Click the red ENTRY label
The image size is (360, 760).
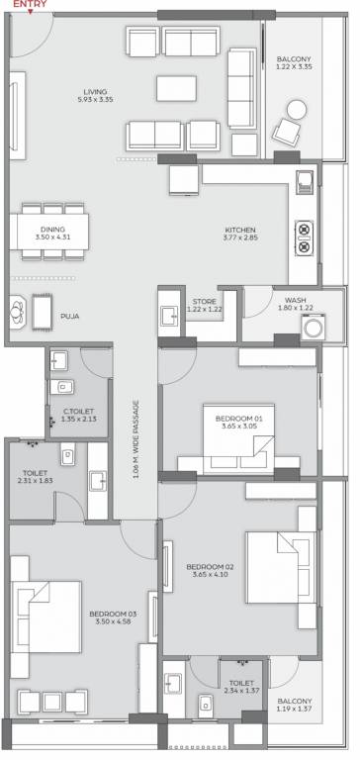30,4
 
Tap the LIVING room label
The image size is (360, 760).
95,92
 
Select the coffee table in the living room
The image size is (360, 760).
176,88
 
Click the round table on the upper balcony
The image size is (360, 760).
297,110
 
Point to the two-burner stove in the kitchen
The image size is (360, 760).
304,237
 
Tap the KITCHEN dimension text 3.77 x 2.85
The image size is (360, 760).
240,237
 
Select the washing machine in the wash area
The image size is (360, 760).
311,328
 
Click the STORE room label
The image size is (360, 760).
204,302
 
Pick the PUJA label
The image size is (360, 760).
70,317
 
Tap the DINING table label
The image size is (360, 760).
53,230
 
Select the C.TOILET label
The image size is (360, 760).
78,412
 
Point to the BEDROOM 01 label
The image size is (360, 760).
239,419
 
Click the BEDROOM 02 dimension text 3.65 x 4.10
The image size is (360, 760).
211,575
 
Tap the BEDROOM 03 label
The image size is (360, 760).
113,614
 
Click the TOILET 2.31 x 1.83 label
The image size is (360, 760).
35,476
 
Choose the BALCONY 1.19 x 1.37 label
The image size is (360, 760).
295,705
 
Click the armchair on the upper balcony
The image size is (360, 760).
287,131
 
